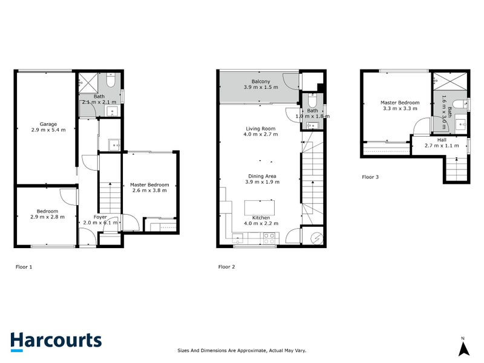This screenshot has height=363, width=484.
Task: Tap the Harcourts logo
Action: (56, 340)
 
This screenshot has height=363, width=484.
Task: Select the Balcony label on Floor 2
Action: (261, 81)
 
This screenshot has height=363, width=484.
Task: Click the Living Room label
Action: (261, 128)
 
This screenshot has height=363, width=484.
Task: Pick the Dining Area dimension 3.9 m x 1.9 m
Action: (261, 181)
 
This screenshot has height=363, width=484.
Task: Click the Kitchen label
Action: (261, 217)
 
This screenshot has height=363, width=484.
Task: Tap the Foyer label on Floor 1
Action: (100, 217)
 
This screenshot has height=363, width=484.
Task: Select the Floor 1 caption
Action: (24, 266)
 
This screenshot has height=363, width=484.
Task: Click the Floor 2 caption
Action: (227, 266)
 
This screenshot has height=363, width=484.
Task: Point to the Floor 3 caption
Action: (370, 177)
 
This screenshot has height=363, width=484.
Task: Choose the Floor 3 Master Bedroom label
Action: (399, 103)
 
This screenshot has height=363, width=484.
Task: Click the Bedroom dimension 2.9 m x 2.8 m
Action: (47, 217)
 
